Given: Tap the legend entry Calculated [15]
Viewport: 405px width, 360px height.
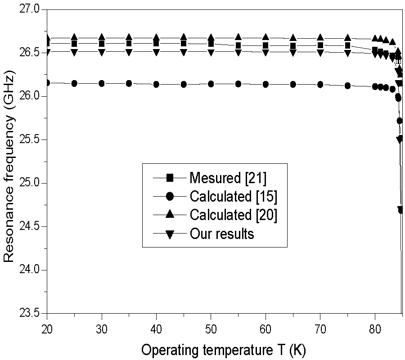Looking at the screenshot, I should [233, 197].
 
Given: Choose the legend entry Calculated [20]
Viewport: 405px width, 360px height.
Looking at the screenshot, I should [233, 215].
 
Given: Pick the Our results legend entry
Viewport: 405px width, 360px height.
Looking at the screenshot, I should [221, 234].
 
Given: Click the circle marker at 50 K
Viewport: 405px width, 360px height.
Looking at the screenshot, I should [211, 84].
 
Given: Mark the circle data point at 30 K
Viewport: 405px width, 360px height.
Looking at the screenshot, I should [102, 83].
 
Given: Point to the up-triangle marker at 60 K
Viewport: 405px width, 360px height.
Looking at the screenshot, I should [265, 37].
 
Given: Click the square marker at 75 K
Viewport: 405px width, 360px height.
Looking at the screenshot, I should [347, 45].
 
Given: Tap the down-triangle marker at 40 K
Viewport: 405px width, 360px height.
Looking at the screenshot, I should [156, 52].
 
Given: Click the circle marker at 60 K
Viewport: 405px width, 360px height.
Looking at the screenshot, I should [265, 84].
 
